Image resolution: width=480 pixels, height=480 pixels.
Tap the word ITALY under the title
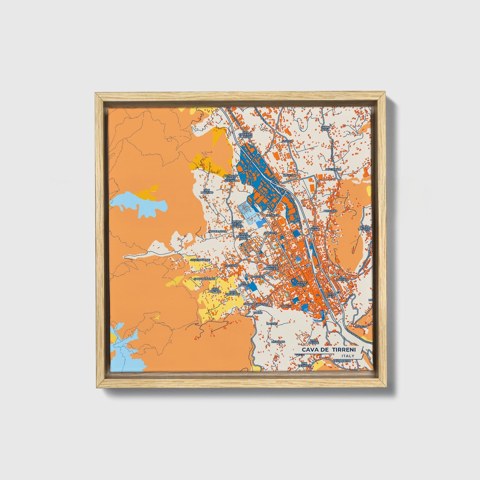point(347,356)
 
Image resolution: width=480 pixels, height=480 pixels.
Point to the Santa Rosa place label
point(325,128)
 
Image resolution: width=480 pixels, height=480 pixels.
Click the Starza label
point(287,141)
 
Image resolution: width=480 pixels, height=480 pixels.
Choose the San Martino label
point(209,191)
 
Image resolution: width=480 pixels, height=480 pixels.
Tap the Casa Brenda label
point(215,290)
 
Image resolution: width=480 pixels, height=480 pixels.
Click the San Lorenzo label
point(344,279)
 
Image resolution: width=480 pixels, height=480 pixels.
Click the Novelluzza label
point(218,231)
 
